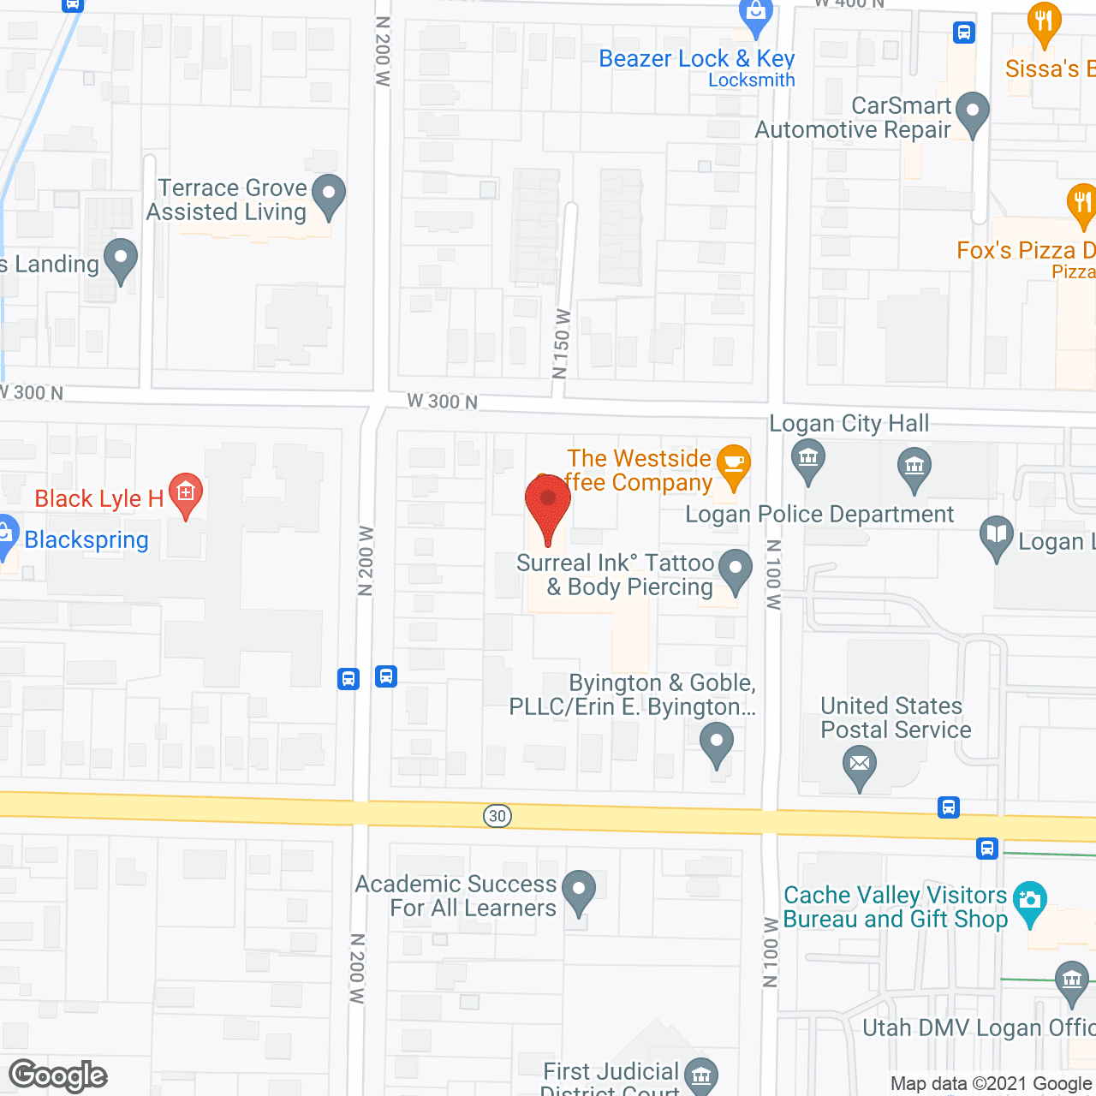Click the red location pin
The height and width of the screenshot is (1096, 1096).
(x=548, y=505)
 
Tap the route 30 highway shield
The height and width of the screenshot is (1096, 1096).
(x=497, y=816)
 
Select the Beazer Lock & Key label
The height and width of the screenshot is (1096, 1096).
(x=696, y=59)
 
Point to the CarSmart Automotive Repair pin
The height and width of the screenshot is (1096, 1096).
(x=972, y=112)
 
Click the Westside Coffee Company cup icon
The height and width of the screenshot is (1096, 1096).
(x=733, y=463)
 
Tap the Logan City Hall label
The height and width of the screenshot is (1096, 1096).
(x=849, y=424)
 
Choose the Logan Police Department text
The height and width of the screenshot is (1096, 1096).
(x=819, y=514)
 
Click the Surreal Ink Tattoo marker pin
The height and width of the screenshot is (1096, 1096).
(x=735, y=570)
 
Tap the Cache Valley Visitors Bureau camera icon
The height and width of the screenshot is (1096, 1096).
(x=1029, y=902)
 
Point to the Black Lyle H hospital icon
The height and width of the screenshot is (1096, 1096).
(x=186, y=493)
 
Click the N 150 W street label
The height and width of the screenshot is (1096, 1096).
(x=561, y=342)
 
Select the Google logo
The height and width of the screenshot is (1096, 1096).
(x=58, y=1075)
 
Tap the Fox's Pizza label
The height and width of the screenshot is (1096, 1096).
(x=1026, y=251)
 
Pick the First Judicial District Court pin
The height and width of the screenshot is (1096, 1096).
(x=701, y=1075)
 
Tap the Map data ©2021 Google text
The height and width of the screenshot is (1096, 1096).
(x=992, y=1084)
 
